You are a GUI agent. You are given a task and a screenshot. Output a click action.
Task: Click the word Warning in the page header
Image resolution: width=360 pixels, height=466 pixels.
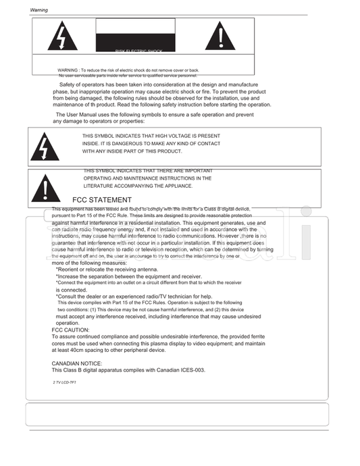pos(38,11)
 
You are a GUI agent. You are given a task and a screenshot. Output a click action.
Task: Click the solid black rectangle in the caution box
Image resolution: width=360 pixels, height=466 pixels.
pos(135,34)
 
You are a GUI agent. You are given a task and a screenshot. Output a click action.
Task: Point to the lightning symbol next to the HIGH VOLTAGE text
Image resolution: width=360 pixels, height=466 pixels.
pos(45,147)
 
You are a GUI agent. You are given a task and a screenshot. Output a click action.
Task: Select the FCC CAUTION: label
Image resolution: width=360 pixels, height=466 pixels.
pos(70,330)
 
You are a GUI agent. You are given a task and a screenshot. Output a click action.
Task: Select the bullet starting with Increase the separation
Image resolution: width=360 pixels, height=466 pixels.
pos(128,276)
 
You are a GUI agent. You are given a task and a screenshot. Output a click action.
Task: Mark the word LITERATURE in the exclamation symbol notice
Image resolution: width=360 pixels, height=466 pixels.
pos(98,186)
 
